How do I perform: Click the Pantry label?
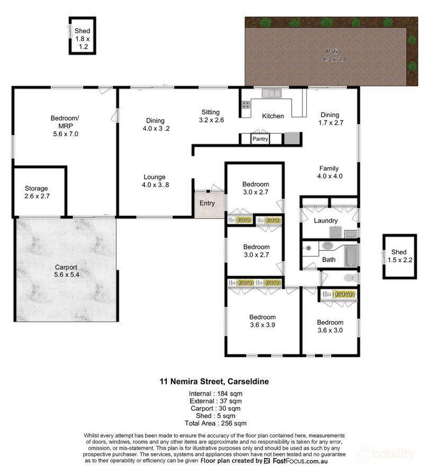[261, 140]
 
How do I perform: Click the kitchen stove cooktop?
[246, 104]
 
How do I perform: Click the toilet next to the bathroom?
[348, 278]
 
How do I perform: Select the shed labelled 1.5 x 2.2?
[398, 256]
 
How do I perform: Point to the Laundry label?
[326, 221]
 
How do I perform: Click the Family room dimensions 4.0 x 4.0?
[330, 176]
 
